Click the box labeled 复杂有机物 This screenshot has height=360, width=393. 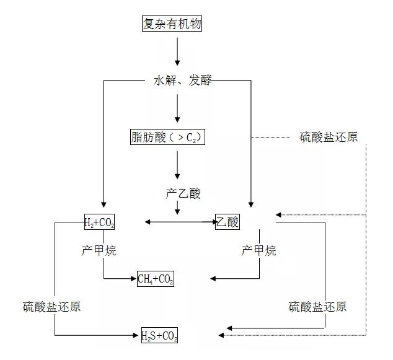[172, 24]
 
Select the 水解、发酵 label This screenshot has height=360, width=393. [182, 80]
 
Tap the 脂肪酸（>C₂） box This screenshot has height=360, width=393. [167, 137]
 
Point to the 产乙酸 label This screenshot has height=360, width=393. [183, 193]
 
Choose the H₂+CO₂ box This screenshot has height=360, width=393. [99, 222]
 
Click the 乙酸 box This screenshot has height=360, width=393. [227, 222]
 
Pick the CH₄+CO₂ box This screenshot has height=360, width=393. [156, 279]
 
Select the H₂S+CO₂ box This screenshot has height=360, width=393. [159, 335]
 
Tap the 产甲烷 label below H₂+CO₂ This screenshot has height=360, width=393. [99, 250]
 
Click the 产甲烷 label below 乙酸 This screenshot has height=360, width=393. [259, 250]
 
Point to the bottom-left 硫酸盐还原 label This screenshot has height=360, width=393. [51, 307]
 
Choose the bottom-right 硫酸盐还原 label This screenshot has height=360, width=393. [317, 307]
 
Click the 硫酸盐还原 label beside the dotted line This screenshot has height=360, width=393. [329, 137]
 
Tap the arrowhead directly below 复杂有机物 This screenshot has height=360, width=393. [177, 63]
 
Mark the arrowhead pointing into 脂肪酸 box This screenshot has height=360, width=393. [177, 119]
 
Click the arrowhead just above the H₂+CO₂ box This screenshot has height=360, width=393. [104, 204]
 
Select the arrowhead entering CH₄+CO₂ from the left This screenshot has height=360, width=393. [134, 279]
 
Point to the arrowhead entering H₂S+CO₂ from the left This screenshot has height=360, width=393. [135, 335]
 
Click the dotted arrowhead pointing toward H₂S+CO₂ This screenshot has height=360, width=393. [221, 335]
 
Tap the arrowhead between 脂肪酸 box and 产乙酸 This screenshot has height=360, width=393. [177, 176]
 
